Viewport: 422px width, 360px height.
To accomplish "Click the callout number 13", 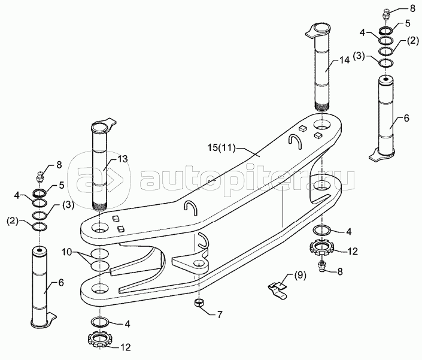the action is point(123,159).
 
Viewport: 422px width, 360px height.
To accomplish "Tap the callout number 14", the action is point(344,60).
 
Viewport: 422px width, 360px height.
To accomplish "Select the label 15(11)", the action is point(221,147).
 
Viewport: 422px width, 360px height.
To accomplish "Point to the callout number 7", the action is point(220,314).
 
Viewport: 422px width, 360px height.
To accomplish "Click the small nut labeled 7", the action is point(198,303).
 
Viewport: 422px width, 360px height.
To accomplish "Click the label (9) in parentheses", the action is point(300,276).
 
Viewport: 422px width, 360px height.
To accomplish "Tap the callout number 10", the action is point(66,252).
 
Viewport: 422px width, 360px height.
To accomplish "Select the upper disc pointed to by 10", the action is point(100,253).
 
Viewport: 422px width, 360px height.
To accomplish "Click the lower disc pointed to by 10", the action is point(100,265).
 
